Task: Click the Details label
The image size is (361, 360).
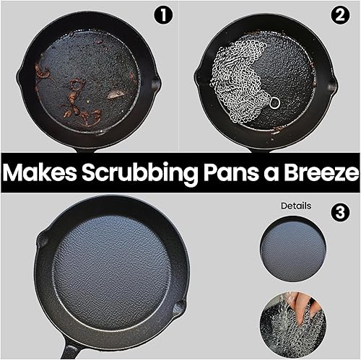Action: coord(296,206)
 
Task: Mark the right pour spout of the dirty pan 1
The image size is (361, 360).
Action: coord(155,84)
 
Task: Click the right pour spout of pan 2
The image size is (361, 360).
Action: coord(331,85)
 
